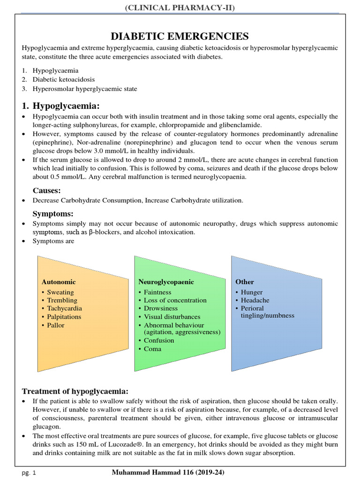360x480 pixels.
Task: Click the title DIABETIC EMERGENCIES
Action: [180, 36]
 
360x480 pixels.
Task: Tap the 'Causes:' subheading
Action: [47, 190]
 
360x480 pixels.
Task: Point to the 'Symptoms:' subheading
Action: [52, 214]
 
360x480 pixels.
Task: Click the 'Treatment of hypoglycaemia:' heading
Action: [75, 391]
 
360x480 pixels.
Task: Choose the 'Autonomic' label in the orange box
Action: [59, 282]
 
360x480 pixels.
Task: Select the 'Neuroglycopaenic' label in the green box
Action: [166, 282]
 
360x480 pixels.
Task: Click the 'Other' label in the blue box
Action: [245, 282]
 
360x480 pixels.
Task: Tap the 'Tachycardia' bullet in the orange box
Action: [64, 308]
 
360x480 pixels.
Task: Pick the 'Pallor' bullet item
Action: [56, 325]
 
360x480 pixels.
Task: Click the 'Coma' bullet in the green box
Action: [152, 349]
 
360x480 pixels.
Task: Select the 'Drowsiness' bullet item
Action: [161, 308]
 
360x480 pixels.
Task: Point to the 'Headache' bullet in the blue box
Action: [255, 300]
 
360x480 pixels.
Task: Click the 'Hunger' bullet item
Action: [252, 292]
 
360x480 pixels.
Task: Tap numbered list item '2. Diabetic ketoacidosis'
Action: [63, 80]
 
